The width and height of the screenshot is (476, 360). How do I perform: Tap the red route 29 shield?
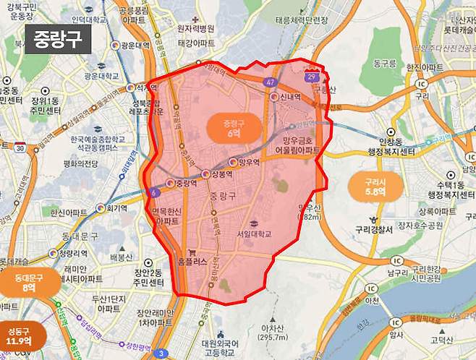coord(312,75)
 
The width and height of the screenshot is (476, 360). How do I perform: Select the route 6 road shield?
coord(153,192)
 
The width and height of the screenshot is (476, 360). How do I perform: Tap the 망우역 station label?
coord(248,163)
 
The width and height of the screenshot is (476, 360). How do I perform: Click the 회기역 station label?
coord(111,208)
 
